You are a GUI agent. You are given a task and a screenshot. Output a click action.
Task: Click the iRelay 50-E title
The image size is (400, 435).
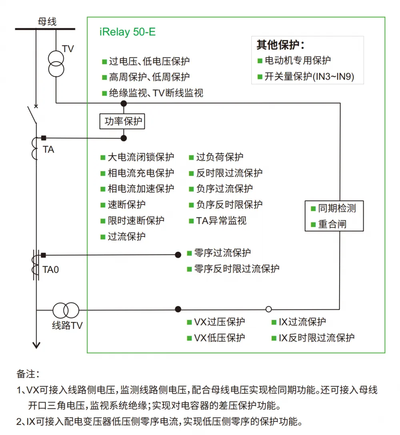[128, 32]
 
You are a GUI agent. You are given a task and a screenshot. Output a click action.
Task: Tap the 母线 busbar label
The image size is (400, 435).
[47, 21]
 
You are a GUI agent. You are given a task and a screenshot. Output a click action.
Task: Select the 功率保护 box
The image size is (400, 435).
[122, 121]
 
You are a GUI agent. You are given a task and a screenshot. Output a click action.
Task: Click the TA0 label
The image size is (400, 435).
[50, 269]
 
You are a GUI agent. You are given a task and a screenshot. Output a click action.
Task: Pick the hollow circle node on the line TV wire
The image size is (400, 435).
[269, 309]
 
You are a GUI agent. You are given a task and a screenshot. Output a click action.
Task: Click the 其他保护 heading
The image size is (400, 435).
[280, 45]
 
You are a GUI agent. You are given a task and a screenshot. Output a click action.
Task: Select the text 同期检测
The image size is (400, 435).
[337, 208]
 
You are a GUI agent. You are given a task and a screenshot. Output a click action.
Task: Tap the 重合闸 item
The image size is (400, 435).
[332, 224]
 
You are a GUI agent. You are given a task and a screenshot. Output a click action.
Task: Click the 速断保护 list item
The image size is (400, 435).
[127, 205]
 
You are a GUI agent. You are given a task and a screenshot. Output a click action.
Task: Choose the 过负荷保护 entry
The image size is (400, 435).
[220, 157]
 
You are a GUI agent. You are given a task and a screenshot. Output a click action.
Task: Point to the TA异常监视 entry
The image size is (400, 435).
[221, 221]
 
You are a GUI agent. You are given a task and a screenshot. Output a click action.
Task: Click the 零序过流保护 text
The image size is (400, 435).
[222, 253]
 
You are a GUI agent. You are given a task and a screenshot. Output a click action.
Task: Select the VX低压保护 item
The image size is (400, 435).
[220, 338]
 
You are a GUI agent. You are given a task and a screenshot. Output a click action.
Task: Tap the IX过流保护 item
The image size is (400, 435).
[302, 322]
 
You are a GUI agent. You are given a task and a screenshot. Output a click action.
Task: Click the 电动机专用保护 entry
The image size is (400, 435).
[298, 60]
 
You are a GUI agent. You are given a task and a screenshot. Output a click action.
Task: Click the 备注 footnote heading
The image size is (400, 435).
[28, 374]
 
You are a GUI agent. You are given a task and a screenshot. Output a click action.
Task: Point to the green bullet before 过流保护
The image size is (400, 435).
[103, 237]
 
